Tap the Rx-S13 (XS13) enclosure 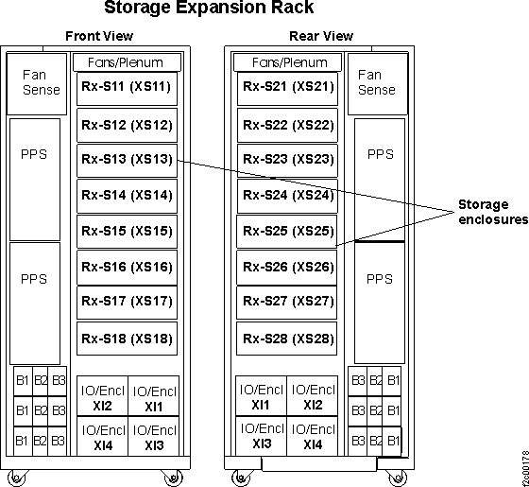[x=126, y=159]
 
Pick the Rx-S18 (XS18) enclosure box [x=126, y=338]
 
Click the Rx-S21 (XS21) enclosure [x=288, y=87]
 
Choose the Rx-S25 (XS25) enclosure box [x=288, y=231]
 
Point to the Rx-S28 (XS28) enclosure [x=288, y=338]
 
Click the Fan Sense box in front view [x=34, y=82]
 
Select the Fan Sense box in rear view [x=376, y=82]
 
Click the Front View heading [x=99, y=37]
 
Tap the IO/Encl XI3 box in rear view [x=262, y=437]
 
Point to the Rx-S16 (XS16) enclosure [x=126, y=267]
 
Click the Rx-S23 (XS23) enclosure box [x=288, y=159]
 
